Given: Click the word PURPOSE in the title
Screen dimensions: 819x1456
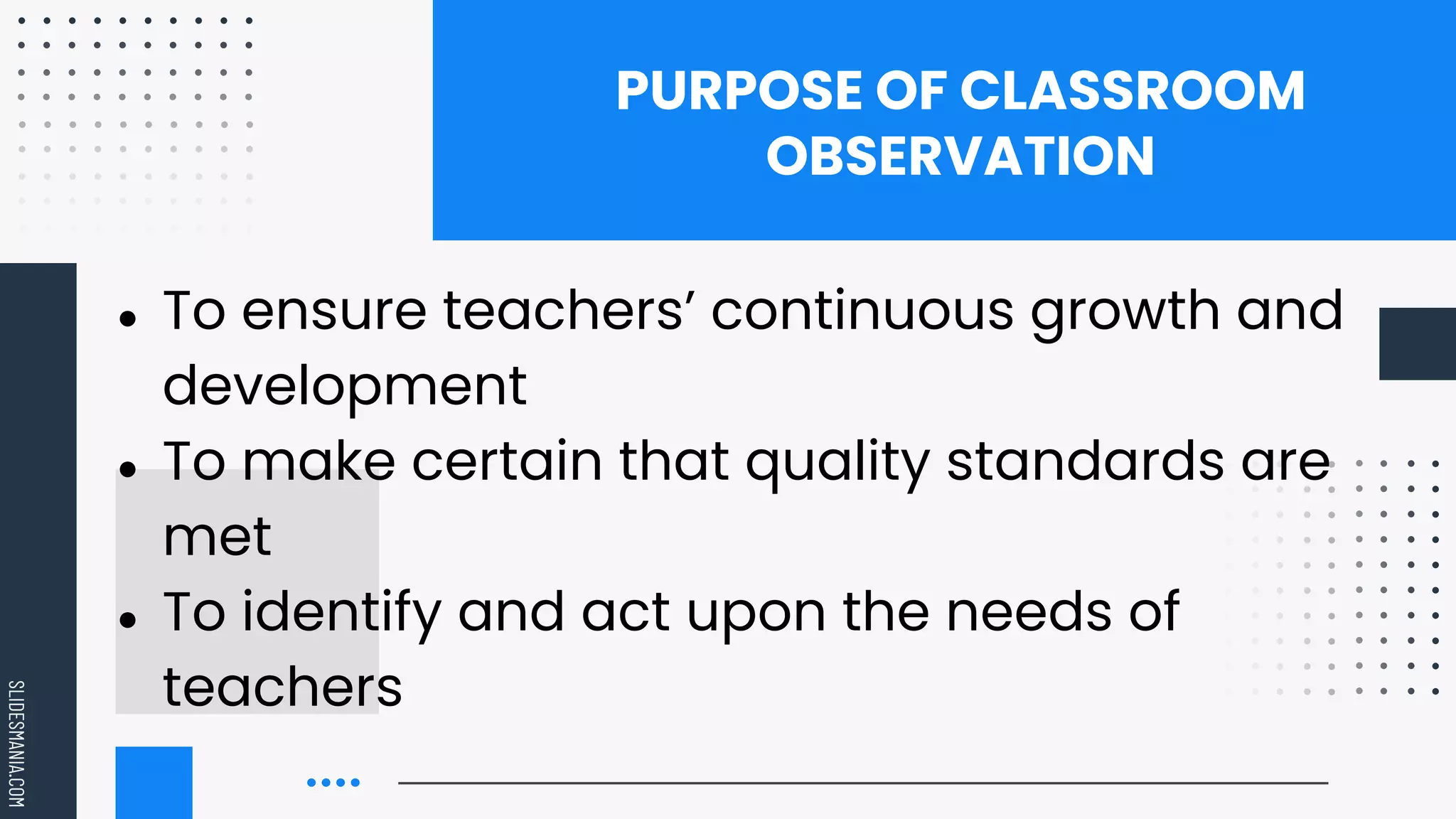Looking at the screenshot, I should point(739,91).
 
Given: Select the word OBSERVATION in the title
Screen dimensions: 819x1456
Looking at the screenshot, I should point(960,156).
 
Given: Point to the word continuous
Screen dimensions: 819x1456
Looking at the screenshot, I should point(862,311).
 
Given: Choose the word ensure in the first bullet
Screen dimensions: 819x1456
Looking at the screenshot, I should point(334,311).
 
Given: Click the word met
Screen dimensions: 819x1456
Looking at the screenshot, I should point(217,537).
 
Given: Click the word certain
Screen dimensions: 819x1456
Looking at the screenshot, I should point(507,461).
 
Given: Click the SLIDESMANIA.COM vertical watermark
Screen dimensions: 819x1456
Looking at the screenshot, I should point(16,744).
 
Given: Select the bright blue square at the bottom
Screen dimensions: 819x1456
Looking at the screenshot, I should point(154,782).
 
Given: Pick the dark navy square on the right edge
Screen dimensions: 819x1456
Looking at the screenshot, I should point(1417,344).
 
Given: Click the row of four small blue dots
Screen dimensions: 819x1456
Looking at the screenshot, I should point(333,783).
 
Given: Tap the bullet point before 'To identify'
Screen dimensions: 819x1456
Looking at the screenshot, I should point(128,620).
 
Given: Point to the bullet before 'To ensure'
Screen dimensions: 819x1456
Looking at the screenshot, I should point(128,318).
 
